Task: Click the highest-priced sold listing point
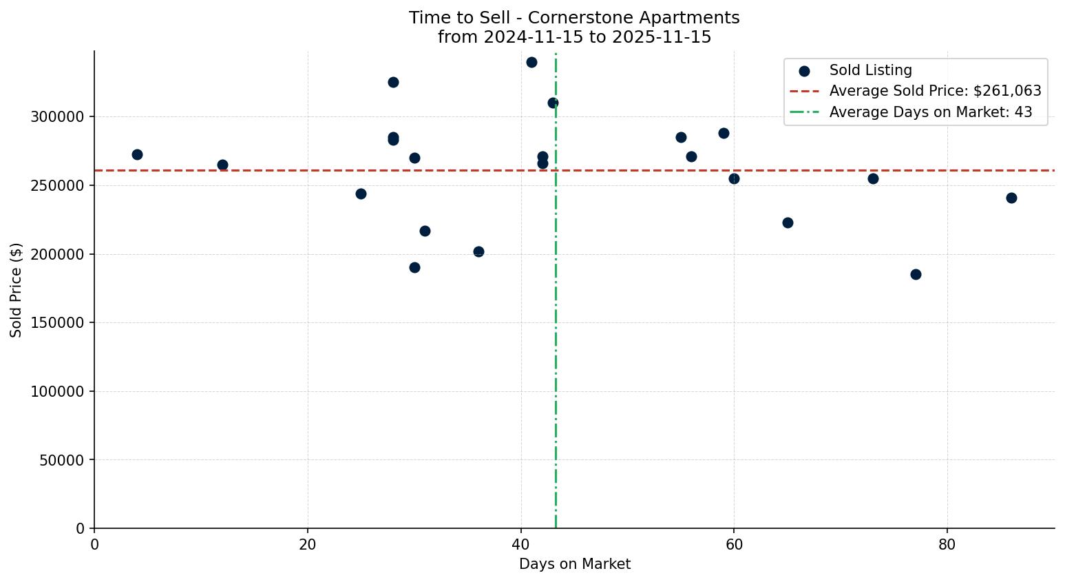(x=531, y=63)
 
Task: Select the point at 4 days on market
(x=137, y=155)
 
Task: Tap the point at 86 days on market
(x=1011, y=198)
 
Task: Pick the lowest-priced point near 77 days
(x=916, y=275)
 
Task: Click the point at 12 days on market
(x=222, y=165)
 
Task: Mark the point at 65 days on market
(x=788, y=223)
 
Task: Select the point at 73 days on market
(x=873, y=179)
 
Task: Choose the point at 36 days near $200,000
(x=478, y=252)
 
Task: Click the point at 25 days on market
(x=361, y=194)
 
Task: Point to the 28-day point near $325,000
(x=393, y=83)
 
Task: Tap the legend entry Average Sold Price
(x=935, y=92)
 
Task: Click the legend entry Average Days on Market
(x=930, y=112)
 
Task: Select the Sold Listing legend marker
(x=804, y=71)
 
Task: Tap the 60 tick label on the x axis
(x=734, y=545)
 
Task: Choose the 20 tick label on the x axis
(x=308, y=545)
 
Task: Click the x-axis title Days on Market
(x=574, y=565)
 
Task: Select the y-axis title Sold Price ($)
(x=17, y=290)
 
